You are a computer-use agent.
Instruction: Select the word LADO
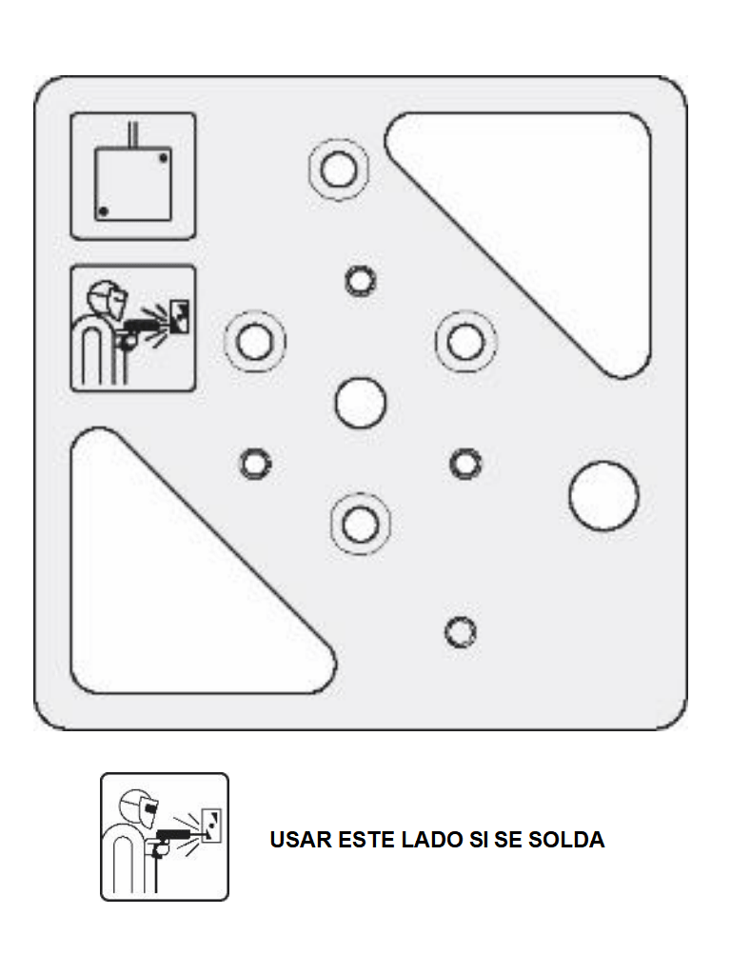[432, 840]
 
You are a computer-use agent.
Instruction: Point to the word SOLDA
[566, 840]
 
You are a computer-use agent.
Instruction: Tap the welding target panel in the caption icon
[212, 826]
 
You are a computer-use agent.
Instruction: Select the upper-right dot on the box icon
[163, 158]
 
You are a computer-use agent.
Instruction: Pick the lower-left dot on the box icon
[103, 211]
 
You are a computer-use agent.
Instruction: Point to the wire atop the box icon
[132, 134]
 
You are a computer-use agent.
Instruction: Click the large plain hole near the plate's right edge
[603, 495]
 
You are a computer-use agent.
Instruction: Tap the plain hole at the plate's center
[361, 403]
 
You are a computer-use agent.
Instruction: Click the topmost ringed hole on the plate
[339, 169]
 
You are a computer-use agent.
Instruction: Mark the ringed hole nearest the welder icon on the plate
[255, 342]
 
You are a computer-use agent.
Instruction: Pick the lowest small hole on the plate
[461, 632]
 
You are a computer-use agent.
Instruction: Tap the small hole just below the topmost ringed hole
[361, 281]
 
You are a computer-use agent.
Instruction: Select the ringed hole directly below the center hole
[361, 524]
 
